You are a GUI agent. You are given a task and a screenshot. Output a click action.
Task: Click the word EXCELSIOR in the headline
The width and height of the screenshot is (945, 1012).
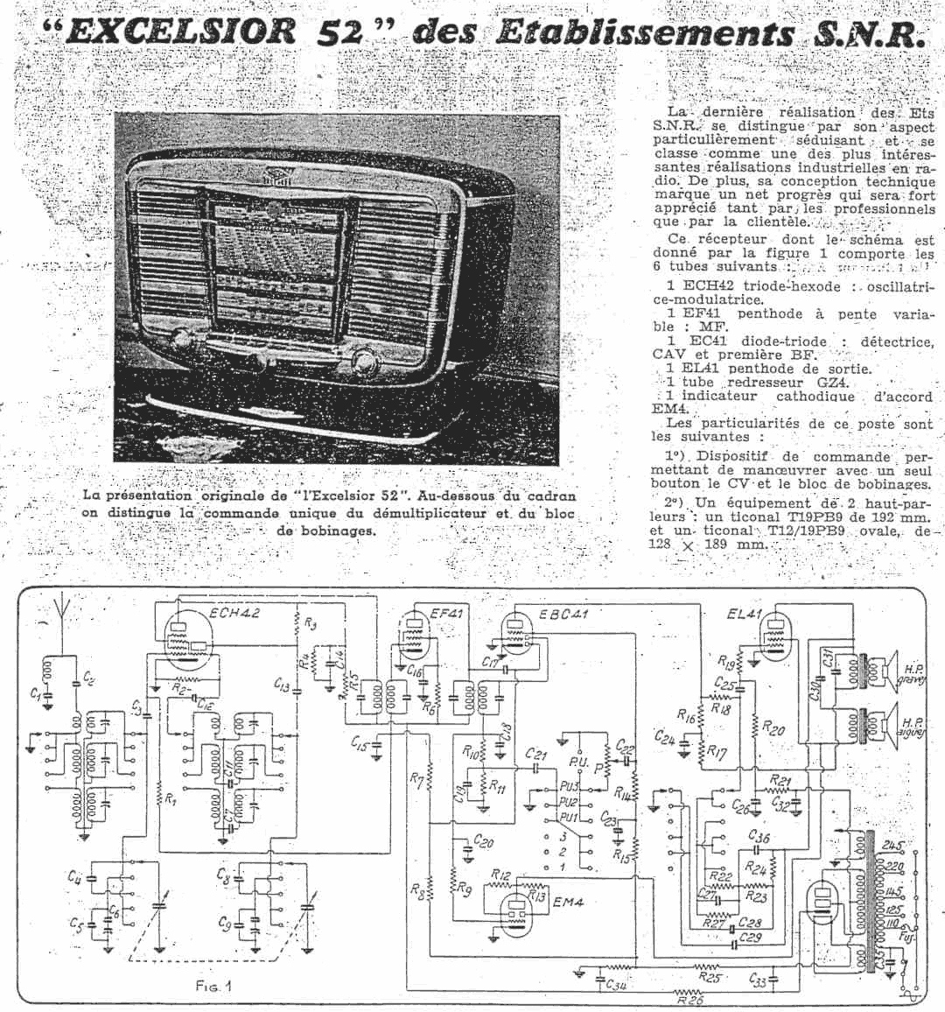click(178, 32)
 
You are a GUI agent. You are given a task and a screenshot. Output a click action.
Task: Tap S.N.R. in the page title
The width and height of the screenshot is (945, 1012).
click(865, 33)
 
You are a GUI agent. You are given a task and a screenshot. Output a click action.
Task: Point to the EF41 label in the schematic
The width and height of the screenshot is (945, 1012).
click(446, 614)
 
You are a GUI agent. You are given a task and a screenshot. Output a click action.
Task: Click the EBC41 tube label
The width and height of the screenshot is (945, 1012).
click(563, 614)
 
